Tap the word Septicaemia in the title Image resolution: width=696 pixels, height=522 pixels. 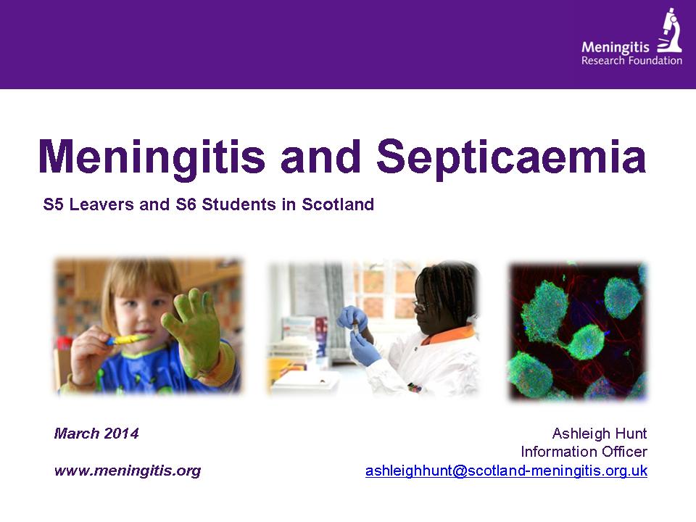click(x=511, y=157)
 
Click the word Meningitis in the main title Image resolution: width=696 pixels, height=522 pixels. click(x=152, y=157)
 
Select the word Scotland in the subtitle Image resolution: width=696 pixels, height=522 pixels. click(x=338, y=204)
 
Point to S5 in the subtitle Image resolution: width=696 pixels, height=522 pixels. click(x=53, y=204)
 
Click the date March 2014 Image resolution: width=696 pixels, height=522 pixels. click(x=96, y=434)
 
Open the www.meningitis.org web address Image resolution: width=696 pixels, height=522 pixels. click(x=128, y=470)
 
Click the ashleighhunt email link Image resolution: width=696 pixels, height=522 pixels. click(x=506, y=470)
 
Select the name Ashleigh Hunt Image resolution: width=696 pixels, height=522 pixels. click(x=600, y=434)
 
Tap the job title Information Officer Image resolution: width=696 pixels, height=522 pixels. click(x=584, y=452)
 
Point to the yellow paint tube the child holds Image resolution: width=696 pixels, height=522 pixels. click(x=126, y=340)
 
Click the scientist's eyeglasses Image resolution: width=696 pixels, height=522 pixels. click(x=420, y=305)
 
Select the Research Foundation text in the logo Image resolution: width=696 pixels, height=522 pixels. click(x=631, y=61)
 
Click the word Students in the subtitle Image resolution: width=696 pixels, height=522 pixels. click(x=239, y=204)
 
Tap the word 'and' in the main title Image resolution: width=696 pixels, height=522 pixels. click(x=321, y=157)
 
